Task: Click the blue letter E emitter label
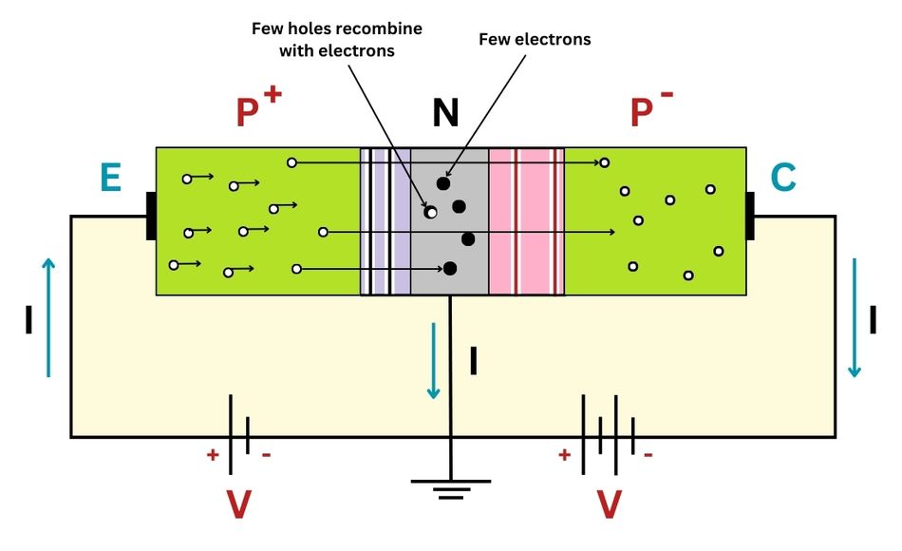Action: pos(110,178)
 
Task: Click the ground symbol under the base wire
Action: pos(450,488)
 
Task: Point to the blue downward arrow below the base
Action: pos(434,361)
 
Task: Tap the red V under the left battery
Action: pos(238,504)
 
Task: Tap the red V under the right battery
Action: pos(608,504)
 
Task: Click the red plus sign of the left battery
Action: pos(213,455)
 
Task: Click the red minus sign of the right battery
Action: pos(648,455)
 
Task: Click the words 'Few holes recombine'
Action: pos(336,28)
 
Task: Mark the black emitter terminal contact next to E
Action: pos(151,216)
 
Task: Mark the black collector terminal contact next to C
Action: pos(749,216)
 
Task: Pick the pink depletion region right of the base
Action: pos(526,220)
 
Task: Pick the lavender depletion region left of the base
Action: pos(385,220)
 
